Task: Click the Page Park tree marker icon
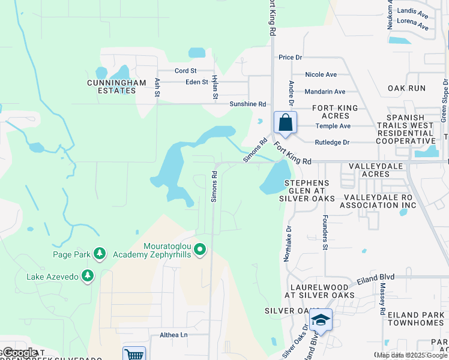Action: click(100, 254)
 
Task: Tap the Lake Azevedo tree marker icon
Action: click(88, 275)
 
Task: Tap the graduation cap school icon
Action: click(321, 321)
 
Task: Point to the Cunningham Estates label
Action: click(112, 86)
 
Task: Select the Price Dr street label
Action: click(290, 58)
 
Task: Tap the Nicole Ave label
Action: click(321, 75)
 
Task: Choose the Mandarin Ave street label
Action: click(325, 92)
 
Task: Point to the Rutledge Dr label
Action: click(332, 143)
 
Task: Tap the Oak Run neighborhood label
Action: click(406, 88)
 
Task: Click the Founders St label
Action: click(325, 233)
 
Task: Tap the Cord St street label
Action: click(185, 71)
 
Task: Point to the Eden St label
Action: click(196, 82)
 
